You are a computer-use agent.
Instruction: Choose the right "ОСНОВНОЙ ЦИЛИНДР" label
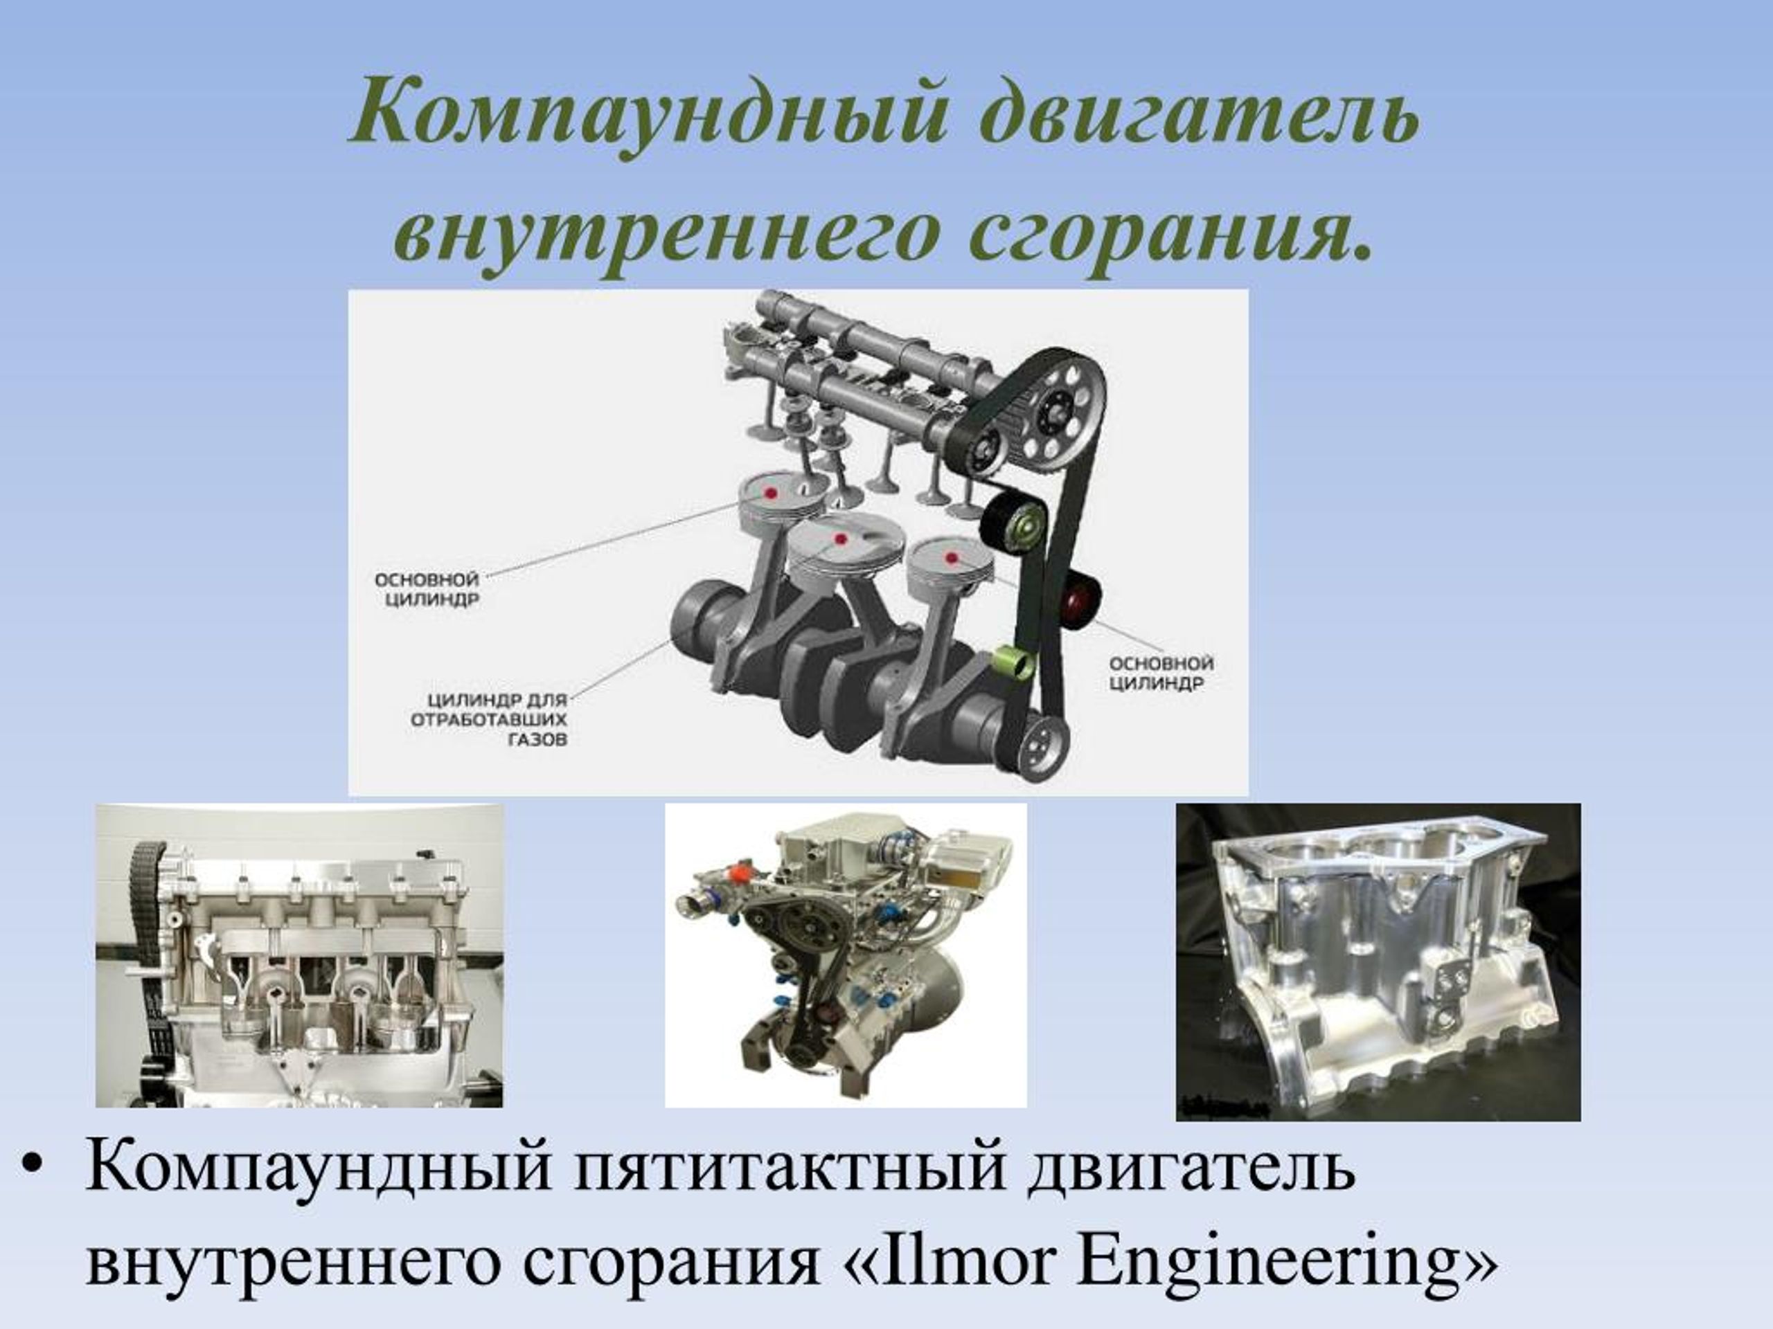pos(1161,673)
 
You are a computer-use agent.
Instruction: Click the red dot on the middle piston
pos(841,539)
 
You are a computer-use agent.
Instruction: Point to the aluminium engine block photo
pos(1378,961)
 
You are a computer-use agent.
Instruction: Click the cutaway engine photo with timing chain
pos(300,955)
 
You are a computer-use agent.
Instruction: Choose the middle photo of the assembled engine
pos(846,955)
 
